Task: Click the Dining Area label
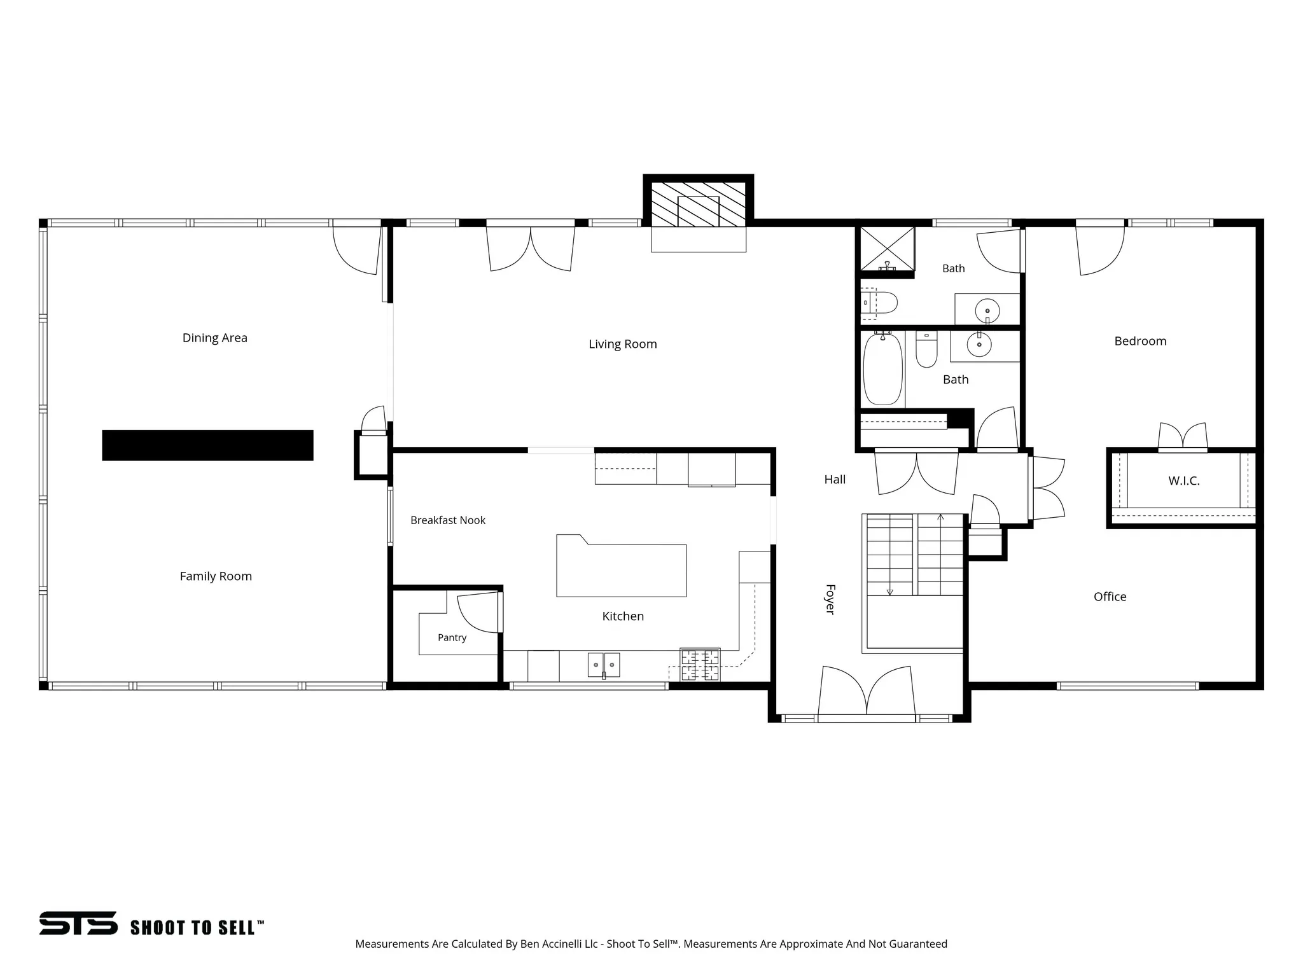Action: [x=215, y=338]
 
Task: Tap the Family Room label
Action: [x=216, y=576]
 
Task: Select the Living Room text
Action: [x=623, y=344]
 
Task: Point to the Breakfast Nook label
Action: [x=448, y=520]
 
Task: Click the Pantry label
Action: [x=452, y=637]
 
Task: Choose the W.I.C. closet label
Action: [x=1184, y=481]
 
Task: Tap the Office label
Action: [x=1110, y=597]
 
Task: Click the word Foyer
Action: [x=830, y=599]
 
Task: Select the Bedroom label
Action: [x=1141, y=341]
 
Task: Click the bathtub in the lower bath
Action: [x=883, y=369]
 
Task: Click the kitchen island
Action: [x=622, y=565]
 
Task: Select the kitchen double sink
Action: [x=604, y=665]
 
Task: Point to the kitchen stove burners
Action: [x=700, y=665]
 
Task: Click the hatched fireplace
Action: [x=699, y=204]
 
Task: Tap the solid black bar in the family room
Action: [x=208, y=445]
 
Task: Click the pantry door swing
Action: [x=479, y=613]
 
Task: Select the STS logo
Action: [x=79, y=924]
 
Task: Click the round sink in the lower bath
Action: [x=979, y=345]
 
